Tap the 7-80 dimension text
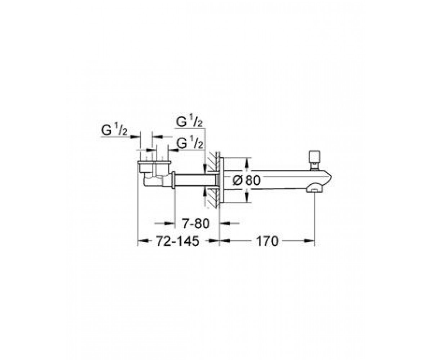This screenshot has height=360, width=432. coord(196,224)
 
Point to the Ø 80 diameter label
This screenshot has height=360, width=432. coord(246,181)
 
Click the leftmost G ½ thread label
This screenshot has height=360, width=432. coord(114,130)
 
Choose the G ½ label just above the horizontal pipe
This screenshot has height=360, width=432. coord(190,143)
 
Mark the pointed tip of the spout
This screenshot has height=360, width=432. coord(332,177)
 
